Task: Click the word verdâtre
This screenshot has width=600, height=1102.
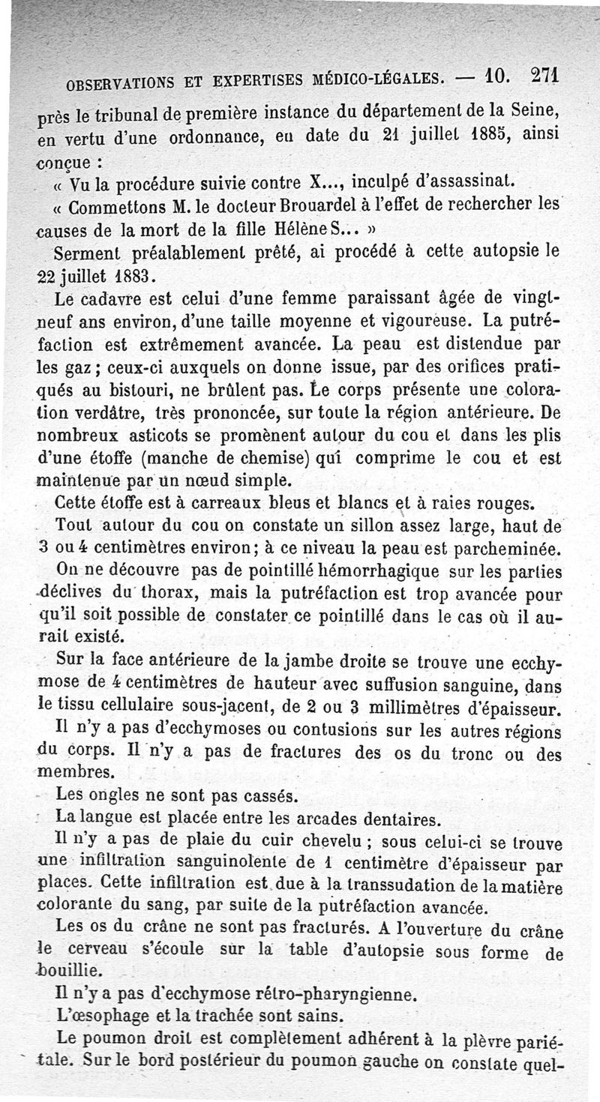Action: coord(110,414)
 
